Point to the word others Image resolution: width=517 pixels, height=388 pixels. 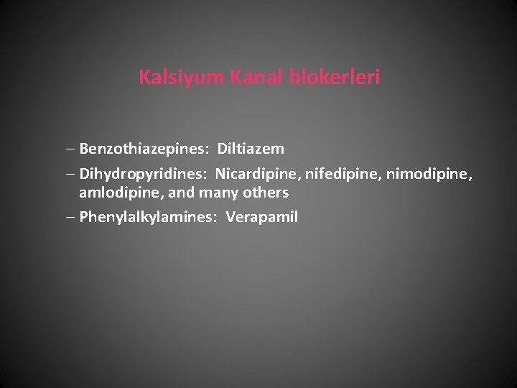coord(265,193)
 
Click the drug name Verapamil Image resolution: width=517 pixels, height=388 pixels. coord(261,217)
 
